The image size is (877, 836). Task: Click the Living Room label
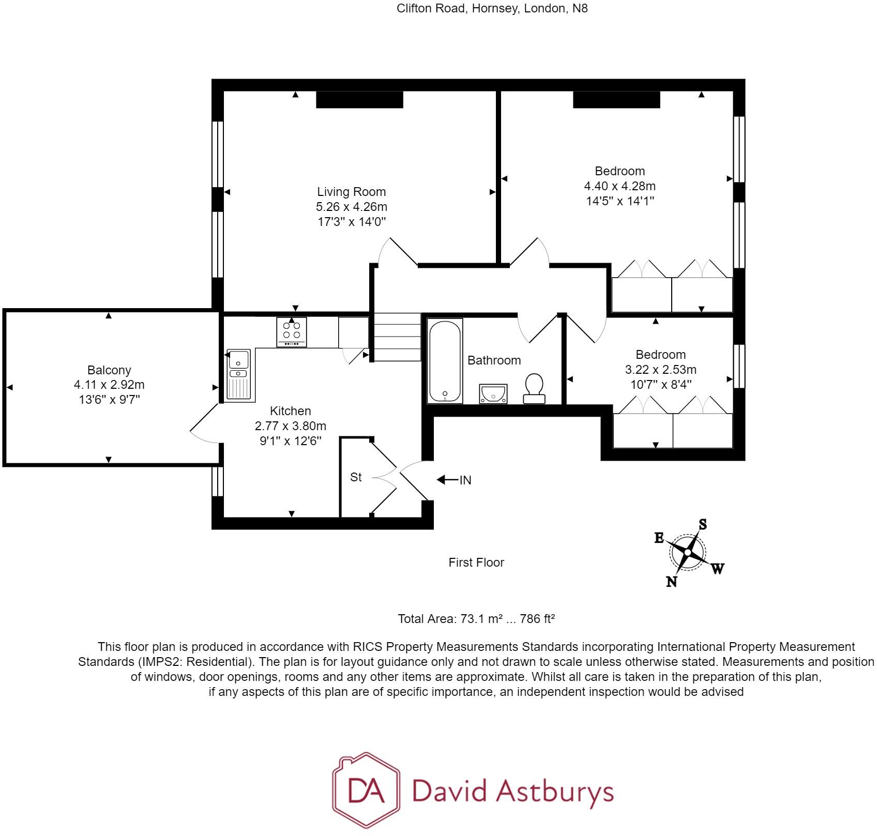pyautogui.click(x=351, y=192)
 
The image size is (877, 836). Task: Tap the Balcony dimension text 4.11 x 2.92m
pyautogui.click(x=109, y=385)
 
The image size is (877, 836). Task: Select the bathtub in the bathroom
pyautogui.click(x=445, y=360)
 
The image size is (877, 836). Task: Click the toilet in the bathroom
pyautogui.click(x=534, y=388)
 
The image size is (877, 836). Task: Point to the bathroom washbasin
pyautogui.click(x=493, y=394)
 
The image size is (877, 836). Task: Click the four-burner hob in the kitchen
pyautogui.click(x=292, y=331)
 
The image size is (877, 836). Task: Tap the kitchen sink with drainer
pyautogui.click(x=238, y=375)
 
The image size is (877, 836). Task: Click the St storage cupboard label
pyautogui.click(x=356, y=477)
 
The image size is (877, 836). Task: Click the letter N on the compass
pyautogui.click(x=671, y=582)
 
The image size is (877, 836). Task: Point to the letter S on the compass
pyautogui.click(x=703, y=524)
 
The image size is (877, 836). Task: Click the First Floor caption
pyautogui.click(x=476, y=563)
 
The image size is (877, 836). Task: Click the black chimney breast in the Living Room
pyautogui.click(x=359, y=99)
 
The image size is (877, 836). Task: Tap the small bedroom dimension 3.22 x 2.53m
pyautogui.click(x=660, y=370)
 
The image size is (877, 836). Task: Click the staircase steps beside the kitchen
pyautogui.click(x=397, y=337)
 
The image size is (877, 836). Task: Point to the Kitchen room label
pyautogui.click(x=290, y=411)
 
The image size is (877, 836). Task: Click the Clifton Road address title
pyautogui.click(x=492, y=9)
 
